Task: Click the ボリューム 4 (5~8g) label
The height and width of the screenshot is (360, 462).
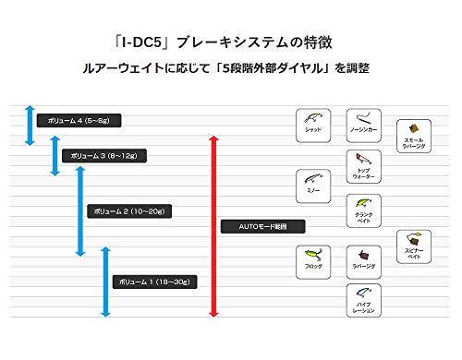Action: [x=79, y=120]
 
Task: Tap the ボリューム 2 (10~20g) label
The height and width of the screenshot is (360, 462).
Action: [x=128, y=211]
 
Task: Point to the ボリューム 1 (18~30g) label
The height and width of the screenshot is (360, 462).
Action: [x=155, y=281]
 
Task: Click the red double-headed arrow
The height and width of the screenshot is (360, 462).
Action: [x=214, y=227]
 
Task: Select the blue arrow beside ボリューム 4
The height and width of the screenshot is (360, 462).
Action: [x=30, y=125]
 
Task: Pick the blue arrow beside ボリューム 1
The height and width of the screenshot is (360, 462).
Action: [x=105, y=282]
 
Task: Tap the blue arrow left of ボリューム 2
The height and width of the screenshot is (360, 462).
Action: [x=79, y=213]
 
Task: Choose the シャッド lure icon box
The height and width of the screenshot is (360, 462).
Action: [x=312, y=123]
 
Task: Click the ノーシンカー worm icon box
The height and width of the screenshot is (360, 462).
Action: [x=363, y=123]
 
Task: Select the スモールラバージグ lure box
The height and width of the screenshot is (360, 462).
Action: [x=413, y=135]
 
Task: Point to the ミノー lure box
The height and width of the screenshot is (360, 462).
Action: [x=312, y=183]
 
